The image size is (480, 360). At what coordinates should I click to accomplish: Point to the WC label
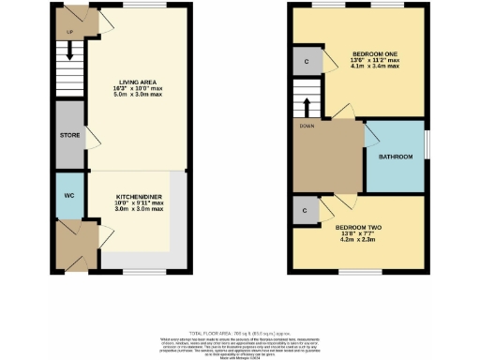click(x=68, y=196)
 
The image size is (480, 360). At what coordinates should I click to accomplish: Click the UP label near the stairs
click(x=68, y=31)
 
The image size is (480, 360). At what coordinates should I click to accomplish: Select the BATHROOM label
click(x=395, y=157)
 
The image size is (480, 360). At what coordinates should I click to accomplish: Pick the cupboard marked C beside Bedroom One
click(x=307, y=62)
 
